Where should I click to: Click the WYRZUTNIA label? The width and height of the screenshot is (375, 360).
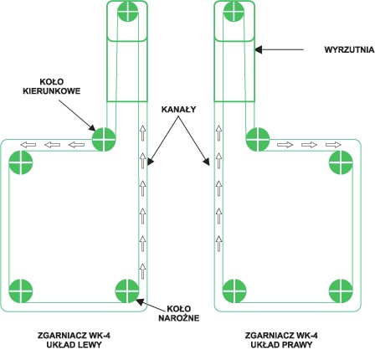[349, 49]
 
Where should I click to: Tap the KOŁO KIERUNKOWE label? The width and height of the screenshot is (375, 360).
[52, 86]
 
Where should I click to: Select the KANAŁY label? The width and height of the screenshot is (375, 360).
[178, 110]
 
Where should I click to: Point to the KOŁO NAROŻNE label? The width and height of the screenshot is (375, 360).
[179, 313]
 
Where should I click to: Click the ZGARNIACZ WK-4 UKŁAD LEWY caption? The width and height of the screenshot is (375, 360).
[74, 340]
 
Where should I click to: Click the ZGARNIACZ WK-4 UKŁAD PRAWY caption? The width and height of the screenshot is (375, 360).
[281, 340]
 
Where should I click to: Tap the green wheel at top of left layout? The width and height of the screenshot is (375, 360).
[128, 11]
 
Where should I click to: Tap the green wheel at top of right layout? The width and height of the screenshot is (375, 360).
[234, 11]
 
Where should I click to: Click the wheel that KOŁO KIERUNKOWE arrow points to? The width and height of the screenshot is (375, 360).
[104, 139]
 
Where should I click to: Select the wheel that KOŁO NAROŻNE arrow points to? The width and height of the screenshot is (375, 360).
[127, 291]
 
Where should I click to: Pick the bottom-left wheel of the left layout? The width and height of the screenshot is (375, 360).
[21, 291]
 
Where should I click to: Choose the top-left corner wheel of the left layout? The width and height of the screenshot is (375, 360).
[21, 162]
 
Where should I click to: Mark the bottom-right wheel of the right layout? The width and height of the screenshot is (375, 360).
[341, 291]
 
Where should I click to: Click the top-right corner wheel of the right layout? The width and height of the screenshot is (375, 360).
[341, 162]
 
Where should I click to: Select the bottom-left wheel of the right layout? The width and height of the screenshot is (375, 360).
[234, 291]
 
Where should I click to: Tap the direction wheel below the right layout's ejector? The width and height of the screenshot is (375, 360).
[258, 139]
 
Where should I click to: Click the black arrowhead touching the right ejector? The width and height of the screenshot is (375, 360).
[259, 49]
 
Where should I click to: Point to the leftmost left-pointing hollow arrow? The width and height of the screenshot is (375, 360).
[28, 145]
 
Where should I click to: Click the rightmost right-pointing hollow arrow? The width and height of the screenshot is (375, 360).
[333, 145]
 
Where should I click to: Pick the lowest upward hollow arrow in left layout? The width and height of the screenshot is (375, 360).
[142, 271]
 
